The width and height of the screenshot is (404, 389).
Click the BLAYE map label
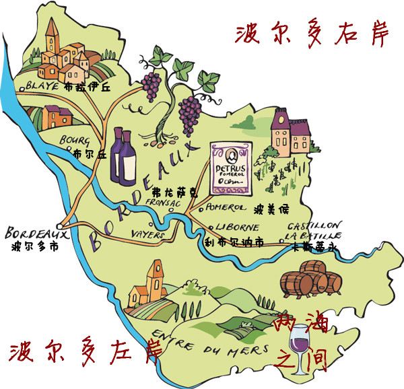(x=44, y=86)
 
